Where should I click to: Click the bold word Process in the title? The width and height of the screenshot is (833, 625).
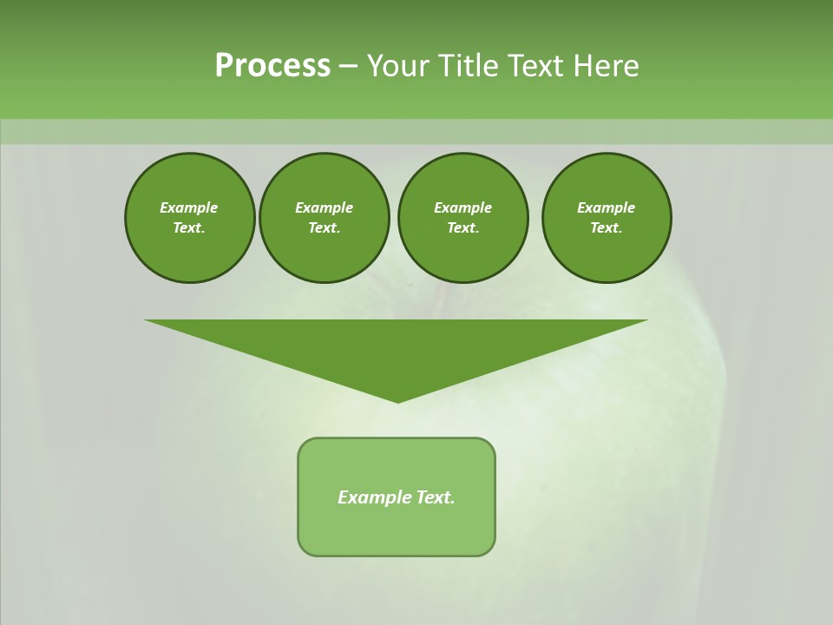tap(272, 66)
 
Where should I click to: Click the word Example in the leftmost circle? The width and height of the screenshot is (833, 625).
tap(189, 207)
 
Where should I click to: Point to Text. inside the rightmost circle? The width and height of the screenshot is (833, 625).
tap(607, 227)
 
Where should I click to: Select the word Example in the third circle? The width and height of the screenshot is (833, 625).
tap(462, 207)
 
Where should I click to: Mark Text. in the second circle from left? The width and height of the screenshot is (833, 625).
tap(325, 227)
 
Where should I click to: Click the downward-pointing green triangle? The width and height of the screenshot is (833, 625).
tap(397, 347)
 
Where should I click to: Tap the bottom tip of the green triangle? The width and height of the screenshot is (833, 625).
tap(397, 400)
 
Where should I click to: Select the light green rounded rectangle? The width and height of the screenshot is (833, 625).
tap(397, 530)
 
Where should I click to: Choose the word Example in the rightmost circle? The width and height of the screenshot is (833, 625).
tap(607, 207)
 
